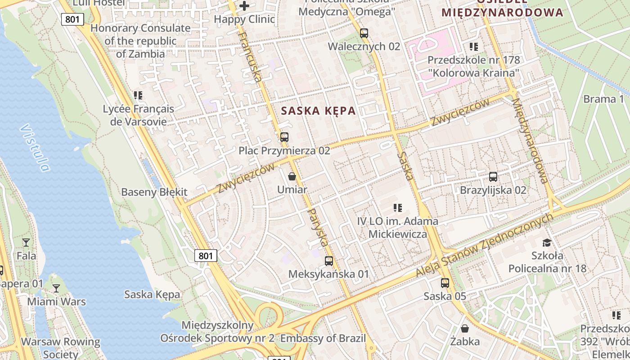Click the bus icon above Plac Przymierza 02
click(x=284, y=137)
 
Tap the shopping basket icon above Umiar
click(x=292, y=176)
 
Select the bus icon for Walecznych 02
click(x=364, y=33)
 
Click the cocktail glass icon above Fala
click(x=26, y=243)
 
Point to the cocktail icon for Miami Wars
click(x=56, y=288)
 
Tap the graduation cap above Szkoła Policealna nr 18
click(x=547, y=243)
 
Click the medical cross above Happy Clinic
click(x=244, y=6)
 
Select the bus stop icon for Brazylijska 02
click(x=493, y=177)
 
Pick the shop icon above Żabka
click(x=465, y=328)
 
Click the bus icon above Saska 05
click(x=445, y=283)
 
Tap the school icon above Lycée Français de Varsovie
click(x=138, y=95)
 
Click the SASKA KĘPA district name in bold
click(x=318, y=111)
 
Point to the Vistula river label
click(x=35, y=148)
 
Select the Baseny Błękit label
click(x=154, y=192)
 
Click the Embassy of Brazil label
click(x=323, y=338)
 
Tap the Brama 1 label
click(x=603, y=99)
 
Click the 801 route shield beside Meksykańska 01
click(x=206, y=256)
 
